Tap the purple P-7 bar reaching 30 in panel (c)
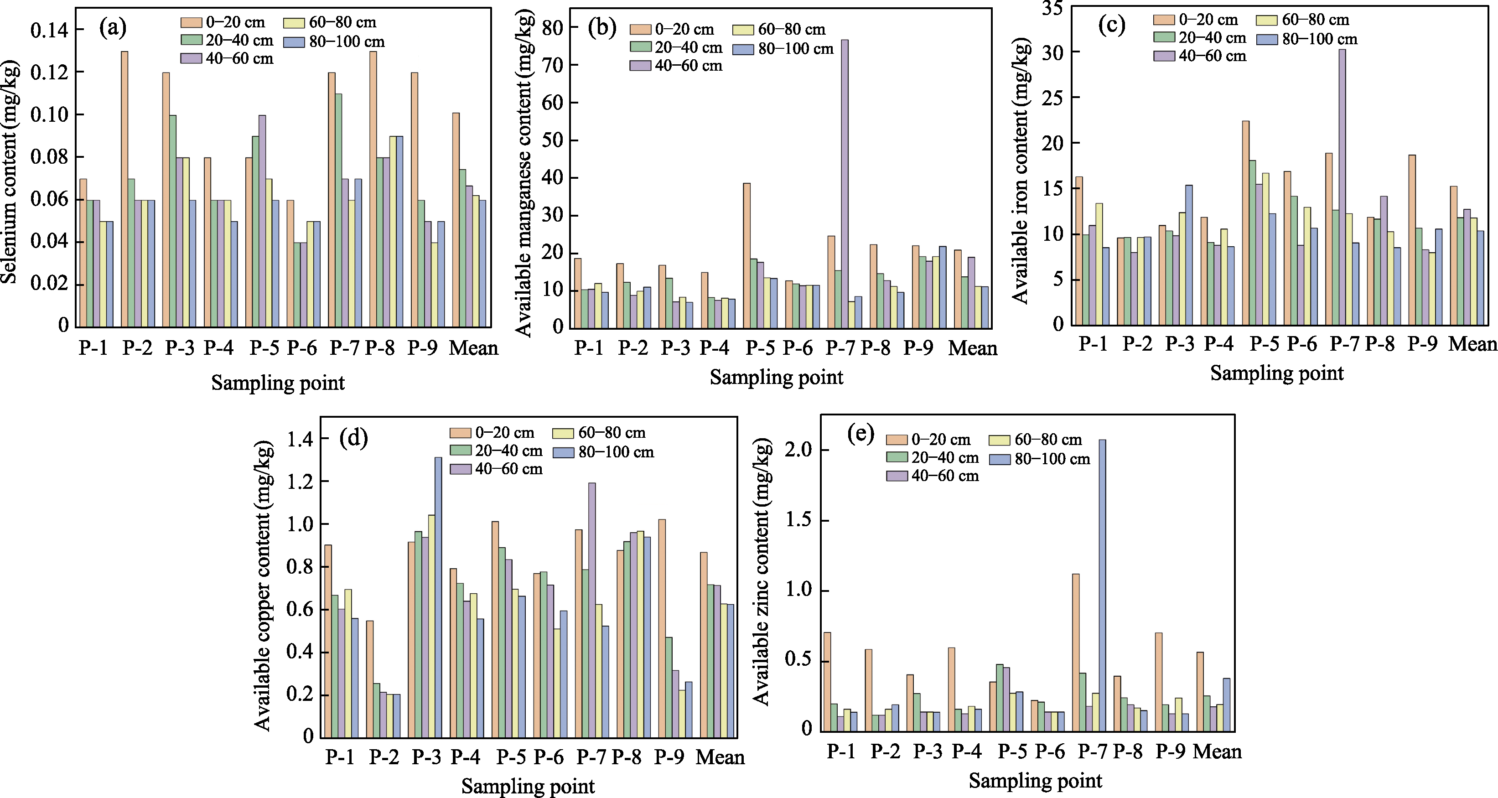point(1342,186)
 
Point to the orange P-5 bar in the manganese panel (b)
point(746,255)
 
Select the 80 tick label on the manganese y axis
point(553,27)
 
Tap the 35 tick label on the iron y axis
point(1052,9)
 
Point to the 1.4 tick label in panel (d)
point(300,439)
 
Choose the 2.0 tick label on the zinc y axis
point(799,450)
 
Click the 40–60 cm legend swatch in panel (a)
point(191,59)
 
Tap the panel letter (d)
point(353,437)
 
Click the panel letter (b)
point(602,28)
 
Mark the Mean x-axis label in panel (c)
point(1471,344)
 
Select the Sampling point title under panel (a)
point(278,383)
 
